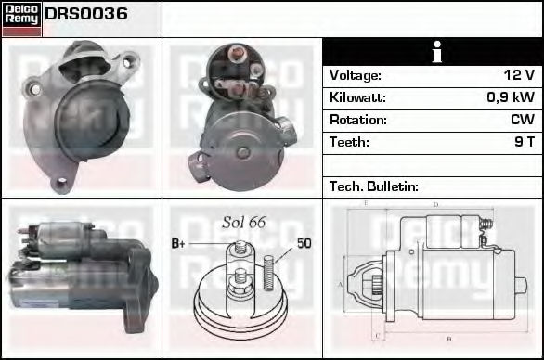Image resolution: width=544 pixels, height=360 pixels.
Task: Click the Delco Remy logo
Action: point(21,19)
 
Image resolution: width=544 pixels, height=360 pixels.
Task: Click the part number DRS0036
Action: point(86,14)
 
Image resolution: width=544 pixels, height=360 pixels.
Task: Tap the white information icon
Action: point(437,52)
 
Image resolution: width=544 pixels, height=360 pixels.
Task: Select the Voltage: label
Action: point(356,75)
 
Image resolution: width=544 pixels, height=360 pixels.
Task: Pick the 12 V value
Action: point(519,75)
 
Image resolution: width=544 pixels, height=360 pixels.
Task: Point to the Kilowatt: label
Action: point(357,97)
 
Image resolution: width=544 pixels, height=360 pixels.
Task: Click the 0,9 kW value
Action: point(511,97)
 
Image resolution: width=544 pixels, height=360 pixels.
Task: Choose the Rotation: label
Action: point(358,120)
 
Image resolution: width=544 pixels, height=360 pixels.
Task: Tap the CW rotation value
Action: point(523,120)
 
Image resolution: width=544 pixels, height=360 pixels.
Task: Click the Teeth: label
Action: point(349,142)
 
